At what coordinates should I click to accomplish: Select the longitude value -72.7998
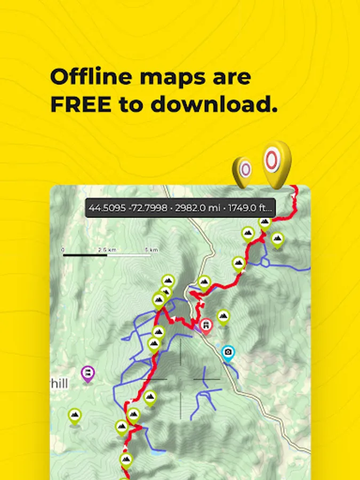(x=143, y=207)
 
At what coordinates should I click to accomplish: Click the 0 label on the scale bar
(x=63, y=250)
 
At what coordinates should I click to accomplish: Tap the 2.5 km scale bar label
(x=107, y=250)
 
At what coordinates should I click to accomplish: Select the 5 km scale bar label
(x=151, y=250)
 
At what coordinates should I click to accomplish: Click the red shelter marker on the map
(x=206, y=325)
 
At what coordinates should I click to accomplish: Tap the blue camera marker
(x=228, y=353)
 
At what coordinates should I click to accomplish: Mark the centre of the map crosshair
(x=180, y=379)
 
